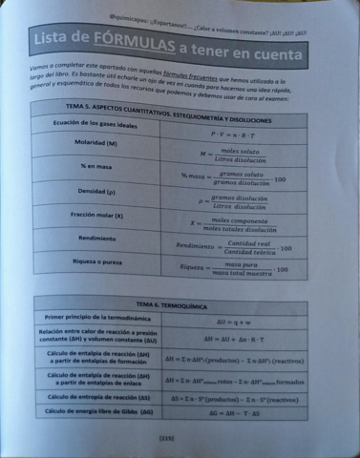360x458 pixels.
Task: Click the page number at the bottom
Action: coord(179,437)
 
